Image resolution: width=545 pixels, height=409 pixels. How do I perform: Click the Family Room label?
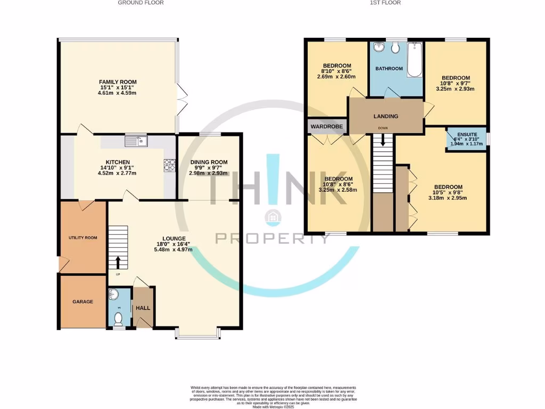(117, 82)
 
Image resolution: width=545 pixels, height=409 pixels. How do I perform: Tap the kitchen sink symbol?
(136, 141)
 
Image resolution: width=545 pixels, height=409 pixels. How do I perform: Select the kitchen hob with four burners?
(169, 166)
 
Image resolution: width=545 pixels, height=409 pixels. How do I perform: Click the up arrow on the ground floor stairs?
(118, 262)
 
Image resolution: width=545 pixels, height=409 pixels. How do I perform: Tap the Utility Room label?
(82, 238)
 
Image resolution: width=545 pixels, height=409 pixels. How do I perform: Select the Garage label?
(82, 301)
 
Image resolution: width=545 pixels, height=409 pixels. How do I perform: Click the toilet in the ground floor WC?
(119, 318)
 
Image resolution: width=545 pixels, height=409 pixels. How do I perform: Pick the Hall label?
(143, 308)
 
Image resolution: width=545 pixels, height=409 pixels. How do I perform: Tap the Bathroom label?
(389, 69)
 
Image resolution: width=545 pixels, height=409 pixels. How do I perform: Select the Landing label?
(385, 116)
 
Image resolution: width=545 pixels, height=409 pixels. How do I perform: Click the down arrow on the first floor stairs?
(382, 140)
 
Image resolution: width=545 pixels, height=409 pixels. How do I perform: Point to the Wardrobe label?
(327, 127)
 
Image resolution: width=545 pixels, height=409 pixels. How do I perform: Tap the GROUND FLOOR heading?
(141, 3)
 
